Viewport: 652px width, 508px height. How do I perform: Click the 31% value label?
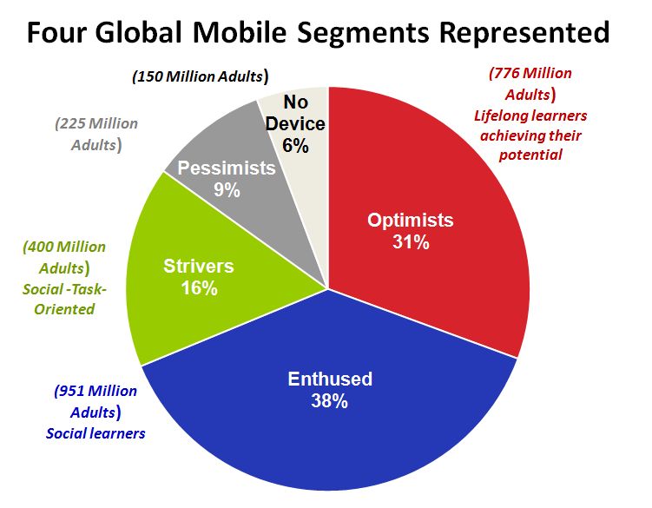(x=410, y=242)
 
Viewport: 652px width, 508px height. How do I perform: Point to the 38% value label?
(x=330, y=401)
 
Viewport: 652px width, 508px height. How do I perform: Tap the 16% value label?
(x=201, y=288)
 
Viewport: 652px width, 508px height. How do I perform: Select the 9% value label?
(x=227, y=188)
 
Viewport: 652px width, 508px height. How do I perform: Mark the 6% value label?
(x=295, y=146)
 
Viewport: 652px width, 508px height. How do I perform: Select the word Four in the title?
(x=58, y=32)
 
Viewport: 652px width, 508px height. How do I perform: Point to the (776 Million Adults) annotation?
(x=530, y=83)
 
